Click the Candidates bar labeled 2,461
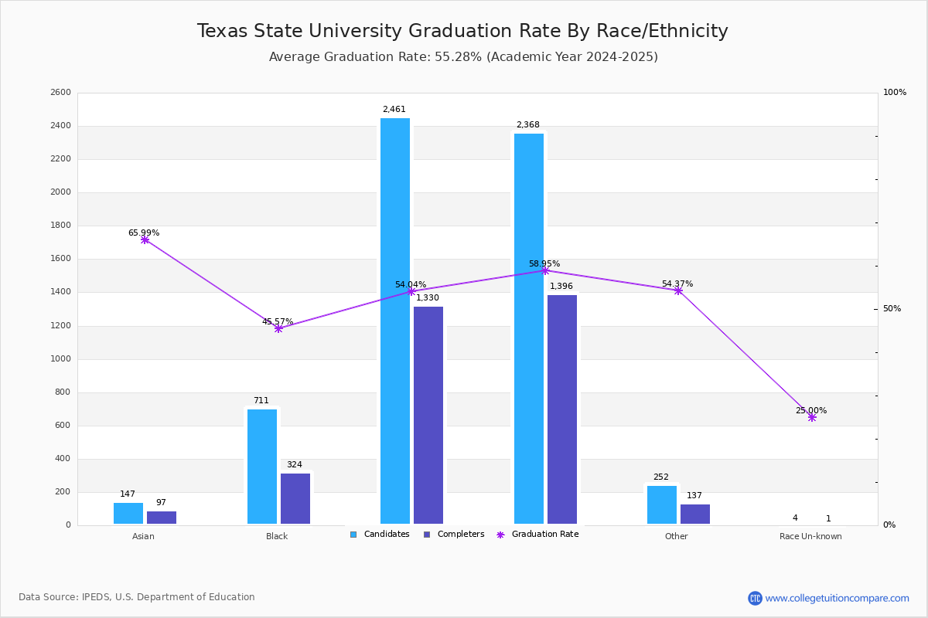click(395, 321)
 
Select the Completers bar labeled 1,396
click(562, 409)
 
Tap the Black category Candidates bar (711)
click(262, 467)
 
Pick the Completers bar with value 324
click(295, 498)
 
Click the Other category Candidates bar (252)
click(662, 504)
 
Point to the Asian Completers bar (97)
click(162, 518)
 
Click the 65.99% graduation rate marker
click(145, 240)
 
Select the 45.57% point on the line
click(278, 328)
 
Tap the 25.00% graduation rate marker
click(812, 417)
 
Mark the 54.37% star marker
click(678, 290)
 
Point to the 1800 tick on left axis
click(61, 226)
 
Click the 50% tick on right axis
click(892, 309)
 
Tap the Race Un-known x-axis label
click(810, 536)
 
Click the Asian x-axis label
click(143, 536)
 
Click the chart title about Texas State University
click(462, 31)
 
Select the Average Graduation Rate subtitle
click(463, 57)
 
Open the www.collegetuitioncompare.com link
click(837, 598)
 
